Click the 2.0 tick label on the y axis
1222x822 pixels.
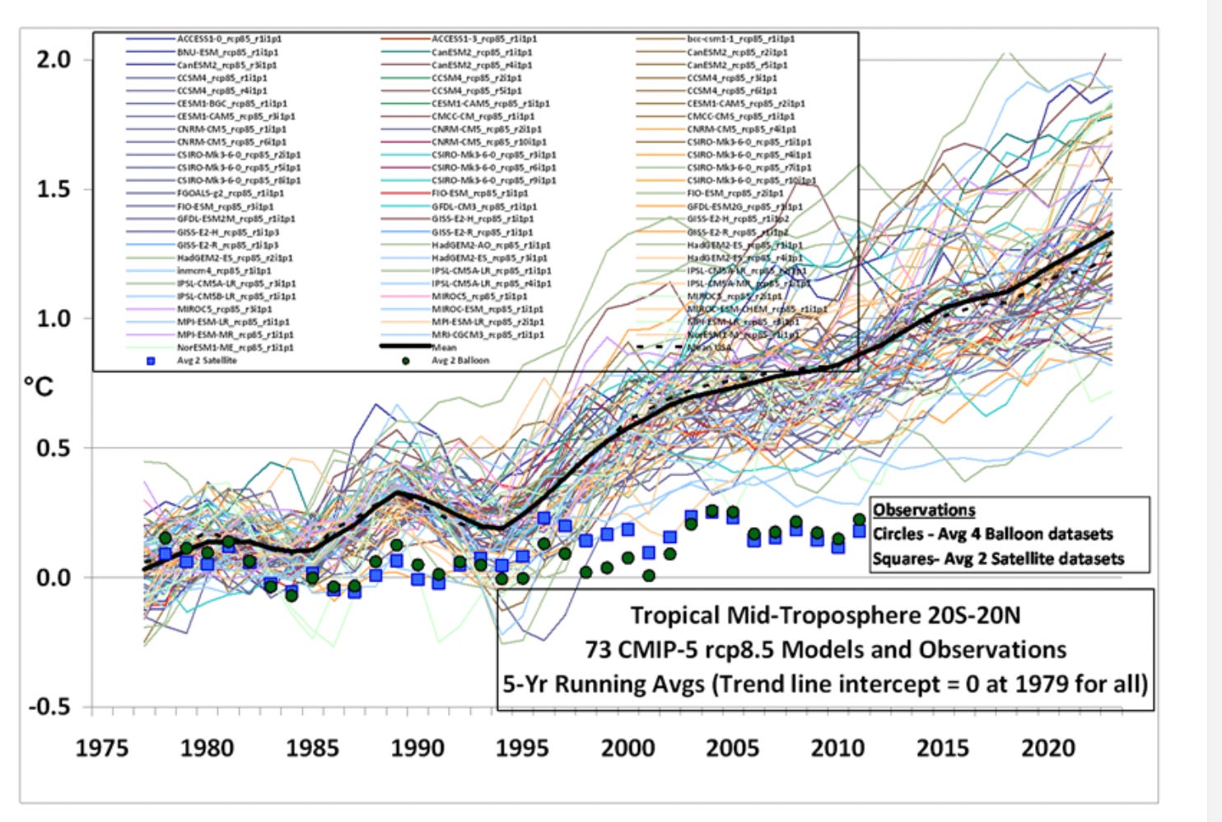coord(53,60)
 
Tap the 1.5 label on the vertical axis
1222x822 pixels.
coord(53,189)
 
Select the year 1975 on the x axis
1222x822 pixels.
coord(102,749)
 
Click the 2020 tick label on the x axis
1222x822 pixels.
coord(1048,749)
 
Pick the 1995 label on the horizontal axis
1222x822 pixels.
coord(522,749)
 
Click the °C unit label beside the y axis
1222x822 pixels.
coord(38,386)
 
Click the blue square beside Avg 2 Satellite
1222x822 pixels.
coord(151,361)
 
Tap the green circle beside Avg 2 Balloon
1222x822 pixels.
coord(405,361)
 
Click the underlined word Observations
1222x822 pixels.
coord(924,510)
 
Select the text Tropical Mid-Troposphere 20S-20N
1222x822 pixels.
coord(825,615)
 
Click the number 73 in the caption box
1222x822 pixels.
coord(598,650)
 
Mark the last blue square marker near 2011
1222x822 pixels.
coord(859,531)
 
